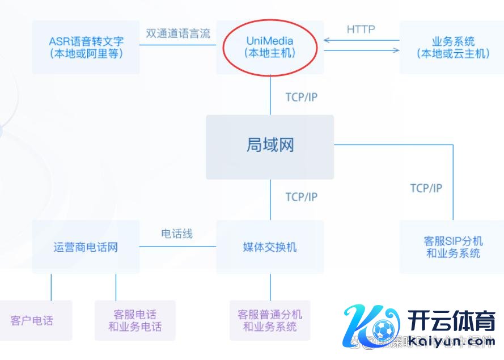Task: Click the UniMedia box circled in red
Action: click(x=270, y=47)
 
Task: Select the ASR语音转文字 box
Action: click(x=86, y=48)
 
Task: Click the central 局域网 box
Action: click(x=270, y=146)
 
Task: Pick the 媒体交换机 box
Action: click(x=270, y=247)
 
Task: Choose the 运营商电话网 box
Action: click(x=86, y=247)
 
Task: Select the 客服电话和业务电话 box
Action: click(x=135, y=321)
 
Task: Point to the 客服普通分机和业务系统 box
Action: click(x=270, y=321)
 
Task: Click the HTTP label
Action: click(x=361, y=29)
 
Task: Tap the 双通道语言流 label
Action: click(x=177, y=33)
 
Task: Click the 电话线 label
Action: click(x=177, y=234)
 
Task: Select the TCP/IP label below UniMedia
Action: click(x=301, y=97)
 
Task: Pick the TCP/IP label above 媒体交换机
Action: click(x=301, y=197)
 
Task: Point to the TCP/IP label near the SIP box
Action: click(x=426, y=188)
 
